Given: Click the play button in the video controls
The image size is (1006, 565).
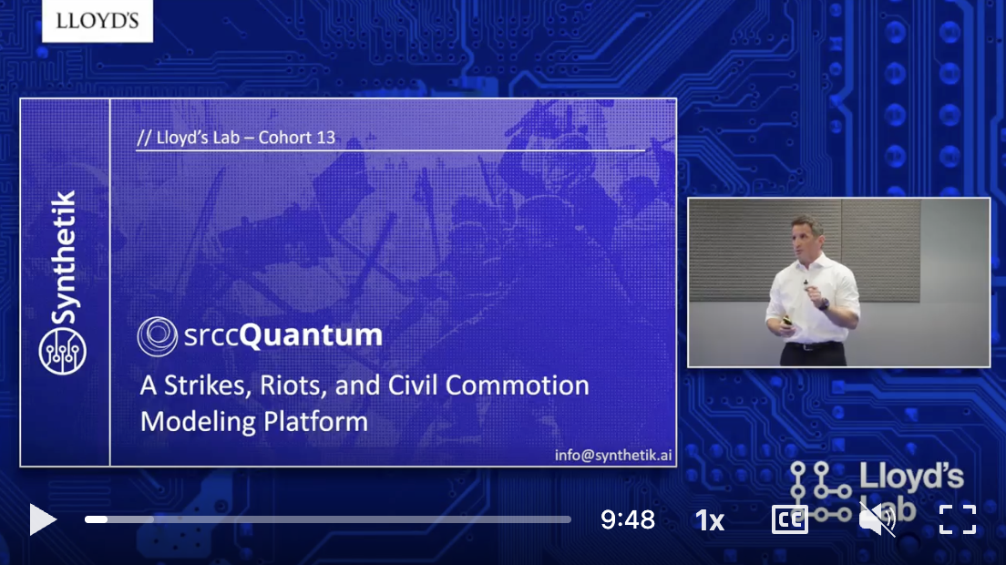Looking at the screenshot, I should pyautogui.click(x=43, y=519).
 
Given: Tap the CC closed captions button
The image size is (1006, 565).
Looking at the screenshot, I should pyautogui.click(x=789, y=519).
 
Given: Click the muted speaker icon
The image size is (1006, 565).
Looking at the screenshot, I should pyautogui.click(x=877, y=519).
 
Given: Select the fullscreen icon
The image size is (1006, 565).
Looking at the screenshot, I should pyautogui.click(x=958, y=519).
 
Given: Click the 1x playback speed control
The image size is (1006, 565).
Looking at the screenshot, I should pyautogui.click(x=709, y=520).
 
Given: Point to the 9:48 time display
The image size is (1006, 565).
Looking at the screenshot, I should pyautogui.click(x=628, y=519).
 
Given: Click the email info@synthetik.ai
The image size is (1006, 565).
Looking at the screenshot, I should pyautogui.click(x=613, y=454).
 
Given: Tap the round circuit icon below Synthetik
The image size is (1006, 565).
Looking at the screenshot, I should pyautogui.click(x=63, y=350).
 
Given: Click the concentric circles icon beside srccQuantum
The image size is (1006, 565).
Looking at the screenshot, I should pyautogui.click(x=157, y=335).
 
